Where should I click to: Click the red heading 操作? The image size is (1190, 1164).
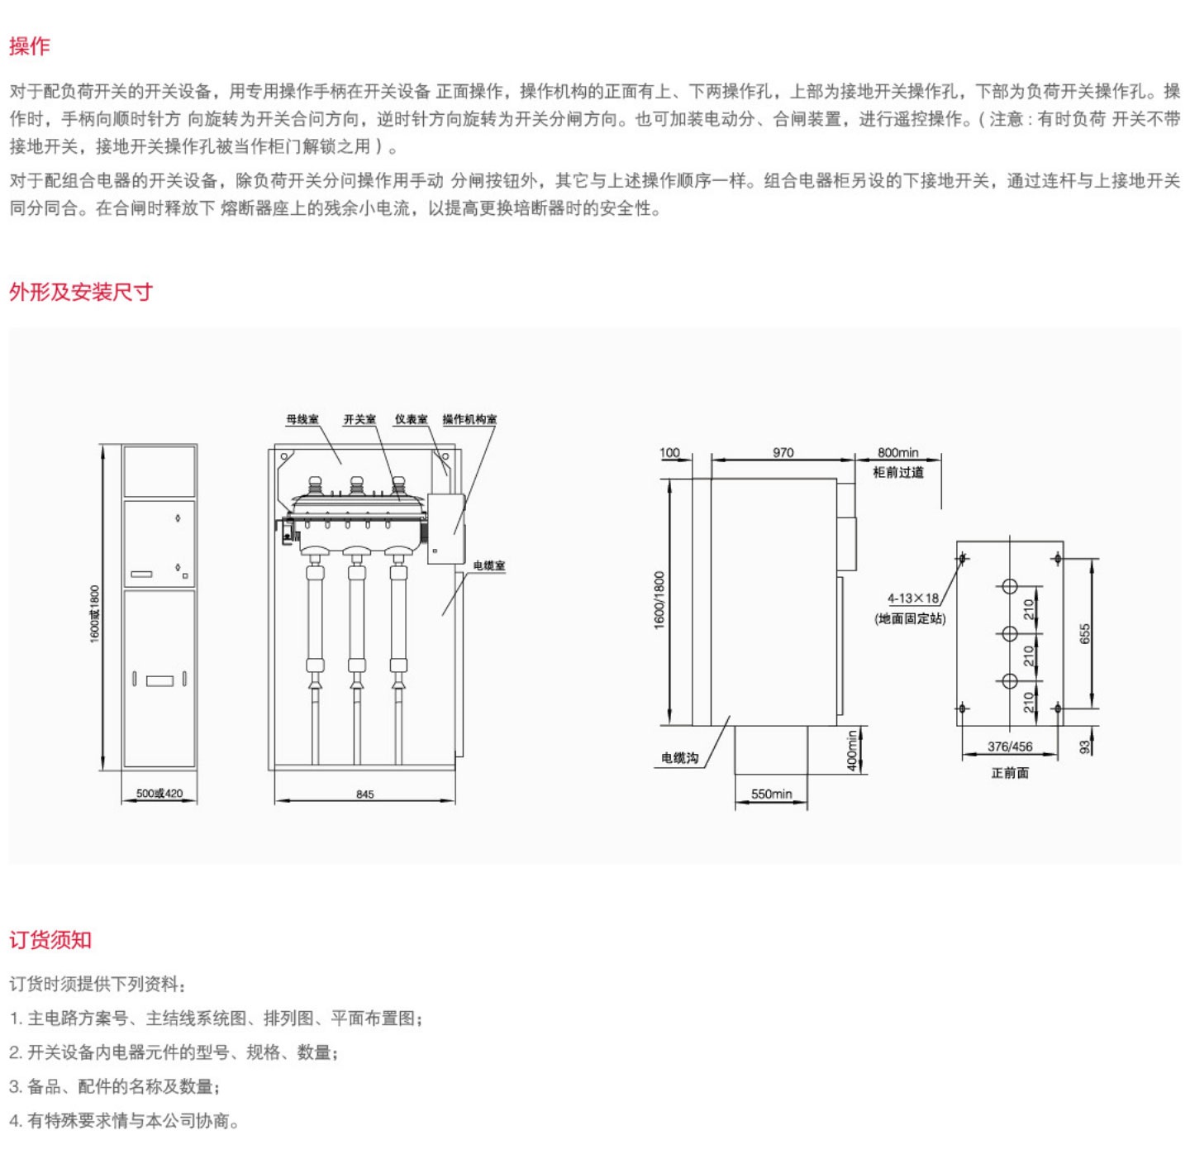(x=30, y=46)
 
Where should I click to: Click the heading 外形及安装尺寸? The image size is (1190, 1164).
(x=81, y=292)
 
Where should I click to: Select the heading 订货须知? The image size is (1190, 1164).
(x=50, y=940)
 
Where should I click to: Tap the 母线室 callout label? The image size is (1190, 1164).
(x=302, y=420)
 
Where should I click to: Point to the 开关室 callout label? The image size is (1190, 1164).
(x=359, y=420)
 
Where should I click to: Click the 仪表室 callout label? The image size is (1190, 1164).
(x=411, y=420)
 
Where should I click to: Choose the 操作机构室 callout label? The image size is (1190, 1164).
(x=469, y=420)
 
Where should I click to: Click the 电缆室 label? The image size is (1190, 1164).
(x=489, y=565)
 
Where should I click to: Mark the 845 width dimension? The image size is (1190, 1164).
(x=364, y=794)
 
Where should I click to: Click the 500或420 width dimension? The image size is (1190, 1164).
(x=159, y=794)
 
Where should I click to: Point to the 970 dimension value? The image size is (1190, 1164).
(x=783, y=452)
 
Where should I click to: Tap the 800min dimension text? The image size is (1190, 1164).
(x=897, y=452)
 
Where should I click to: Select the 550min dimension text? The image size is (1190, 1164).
(x=771, y=794)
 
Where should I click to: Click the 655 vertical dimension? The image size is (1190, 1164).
(x=1085, y=633)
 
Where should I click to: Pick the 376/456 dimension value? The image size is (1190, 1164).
(x=1010, y=747)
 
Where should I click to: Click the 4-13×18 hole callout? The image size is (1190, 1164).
(x=913, y=599)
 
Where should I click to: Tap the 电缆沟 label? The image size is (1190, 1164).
(x=679, y=758)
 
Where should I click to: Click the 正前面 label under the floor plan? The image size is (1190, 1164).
(x=1010, y=773)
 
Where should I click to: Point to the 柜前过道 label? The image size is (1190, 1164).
(x=898, y=473)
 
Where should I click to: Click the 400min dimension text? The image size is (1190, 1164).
(x=852, y=751)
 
